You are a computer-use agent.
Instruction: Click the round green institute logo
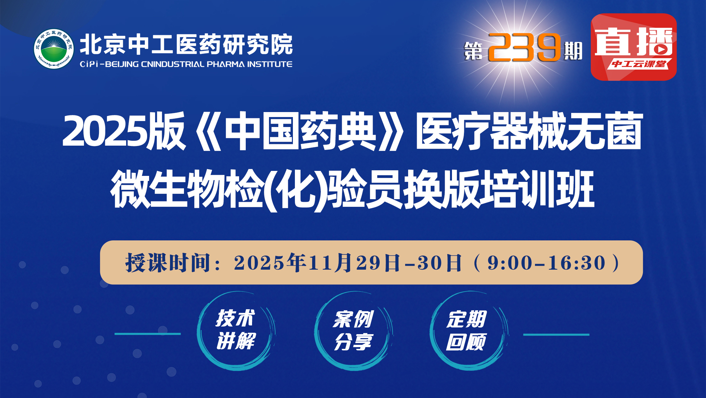(54, 49)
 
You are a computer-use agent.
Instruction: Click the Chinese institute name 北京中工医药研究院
(186, 45)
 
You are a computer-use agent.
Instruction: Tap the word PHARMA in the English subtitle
(225, 64)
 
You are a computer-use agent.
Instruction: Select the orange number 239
(524, 48)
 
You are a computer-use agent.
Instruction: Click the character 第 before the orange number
(473, 51)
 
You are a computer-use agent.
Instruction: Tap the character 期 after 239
(573, 51)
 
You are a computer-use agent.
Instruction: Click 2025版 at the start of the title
(124, 131)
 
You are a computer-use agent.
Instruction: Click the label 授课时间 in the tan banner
(168, 263)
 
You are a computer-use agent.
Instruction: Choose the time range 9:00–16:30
(547, 263)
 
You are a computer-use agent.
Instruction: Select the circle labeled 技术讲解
(235, 330)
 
